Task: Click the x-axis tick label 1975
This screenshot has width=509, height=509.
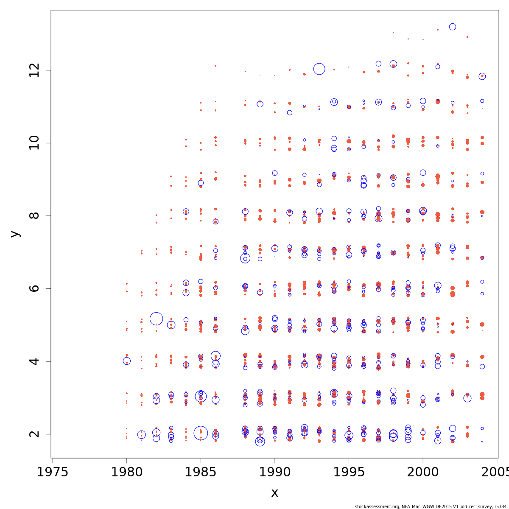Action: click(53, 472)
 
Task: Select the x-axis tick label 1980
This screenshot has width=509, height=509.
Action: click(126, 472)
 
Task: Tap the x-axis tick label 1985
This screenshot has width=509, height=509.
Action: click(201, 472)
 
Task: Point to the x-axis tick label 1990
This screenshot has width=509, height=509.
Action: click(275, 472)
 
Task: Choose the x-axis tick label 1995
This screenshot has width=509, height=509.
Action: click(349, 472)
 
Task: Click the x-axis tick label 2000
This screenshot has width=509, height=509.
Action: click(423, 472)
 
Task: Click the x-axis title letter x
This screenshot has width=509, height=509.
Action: click(274, 493)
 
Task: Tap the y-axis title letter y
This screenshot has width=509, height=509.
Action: click(15, 234)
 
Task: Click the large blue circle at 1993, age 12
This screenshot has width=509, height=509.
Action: click(319, 69)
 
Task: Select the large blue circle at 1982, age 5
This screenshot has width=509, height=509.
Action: click(156, 319)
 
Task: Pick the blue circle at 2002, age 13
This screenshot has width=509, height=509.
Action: click(453, 27)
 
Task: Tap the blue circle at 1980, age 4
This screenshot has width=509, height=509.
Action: click(126, 361)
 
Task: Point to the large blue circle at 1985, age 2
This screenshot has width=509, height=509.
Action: click(201, 433)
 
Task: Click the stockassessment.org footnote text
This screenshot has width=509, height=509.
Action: click(431, 506)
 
